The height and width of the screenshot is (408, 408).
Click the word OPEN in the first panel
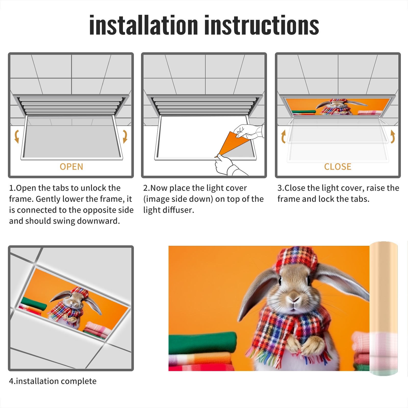(71, 167)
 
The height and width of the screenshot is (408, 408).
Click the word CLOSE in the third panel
(338, 167)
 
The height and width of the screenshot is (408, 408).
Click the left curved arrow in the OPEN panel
(17, 136)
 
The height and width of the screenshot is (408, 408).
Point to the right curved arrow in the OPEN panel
(125, 136)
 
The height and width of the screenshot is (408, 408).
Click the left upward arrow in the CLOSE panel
(283, 136)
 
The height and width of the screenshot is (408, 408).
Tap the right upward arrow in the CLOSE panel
(393, 136)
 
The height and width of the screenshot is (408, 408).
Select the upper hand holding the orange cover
(249, 131)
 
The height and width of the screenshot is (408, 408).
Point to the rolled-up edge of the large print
(384, 309)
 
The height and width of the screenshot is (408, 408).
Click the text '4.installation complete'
(53, 381)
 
